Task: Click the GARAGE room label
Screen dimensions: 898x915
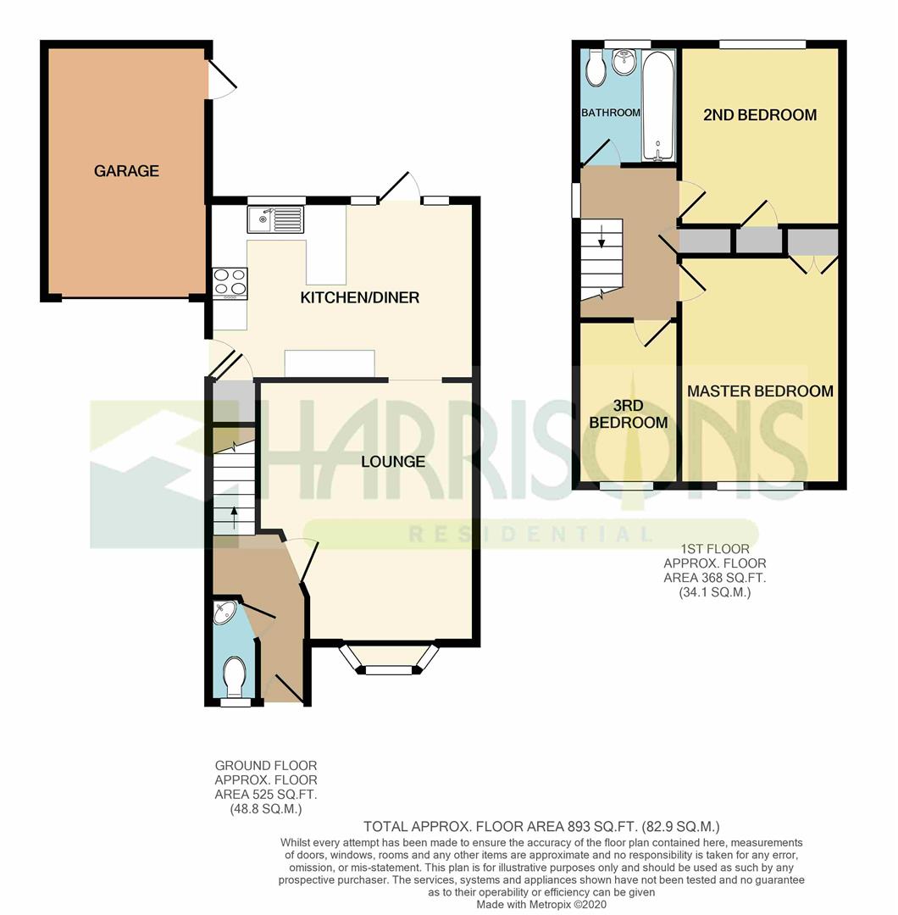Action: click(126, 171)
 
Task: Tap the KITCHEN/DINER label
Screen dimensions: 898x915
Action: click(359, 297)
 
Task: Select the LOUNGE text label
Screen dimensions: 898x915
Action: click(393, 462)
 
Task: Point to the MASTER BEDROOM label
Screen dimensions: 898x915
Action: click(760, 391)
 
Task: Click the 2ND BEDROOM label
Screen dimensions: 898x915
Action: click(760, 115)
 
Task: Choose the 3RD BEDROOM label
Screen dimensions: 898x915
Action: click(629, 413)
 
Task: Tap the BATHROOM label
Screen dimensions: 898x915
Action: click(611, 113)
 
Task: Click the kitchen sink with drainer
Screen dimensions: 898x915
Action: click(276, 219)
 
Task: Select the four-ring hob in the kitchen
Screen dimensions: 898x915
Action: click(230, 282)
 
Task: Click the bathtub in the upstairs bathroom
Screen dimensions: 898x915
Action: click(658, 105)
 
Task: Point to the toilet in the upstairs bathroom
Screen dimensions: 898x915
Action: click(596, 69)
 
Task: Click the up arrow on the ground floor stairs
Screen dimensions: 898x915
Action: click(234, 518)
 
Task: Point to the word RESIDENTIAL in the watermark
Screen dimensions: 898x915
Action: click(529, 534)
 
